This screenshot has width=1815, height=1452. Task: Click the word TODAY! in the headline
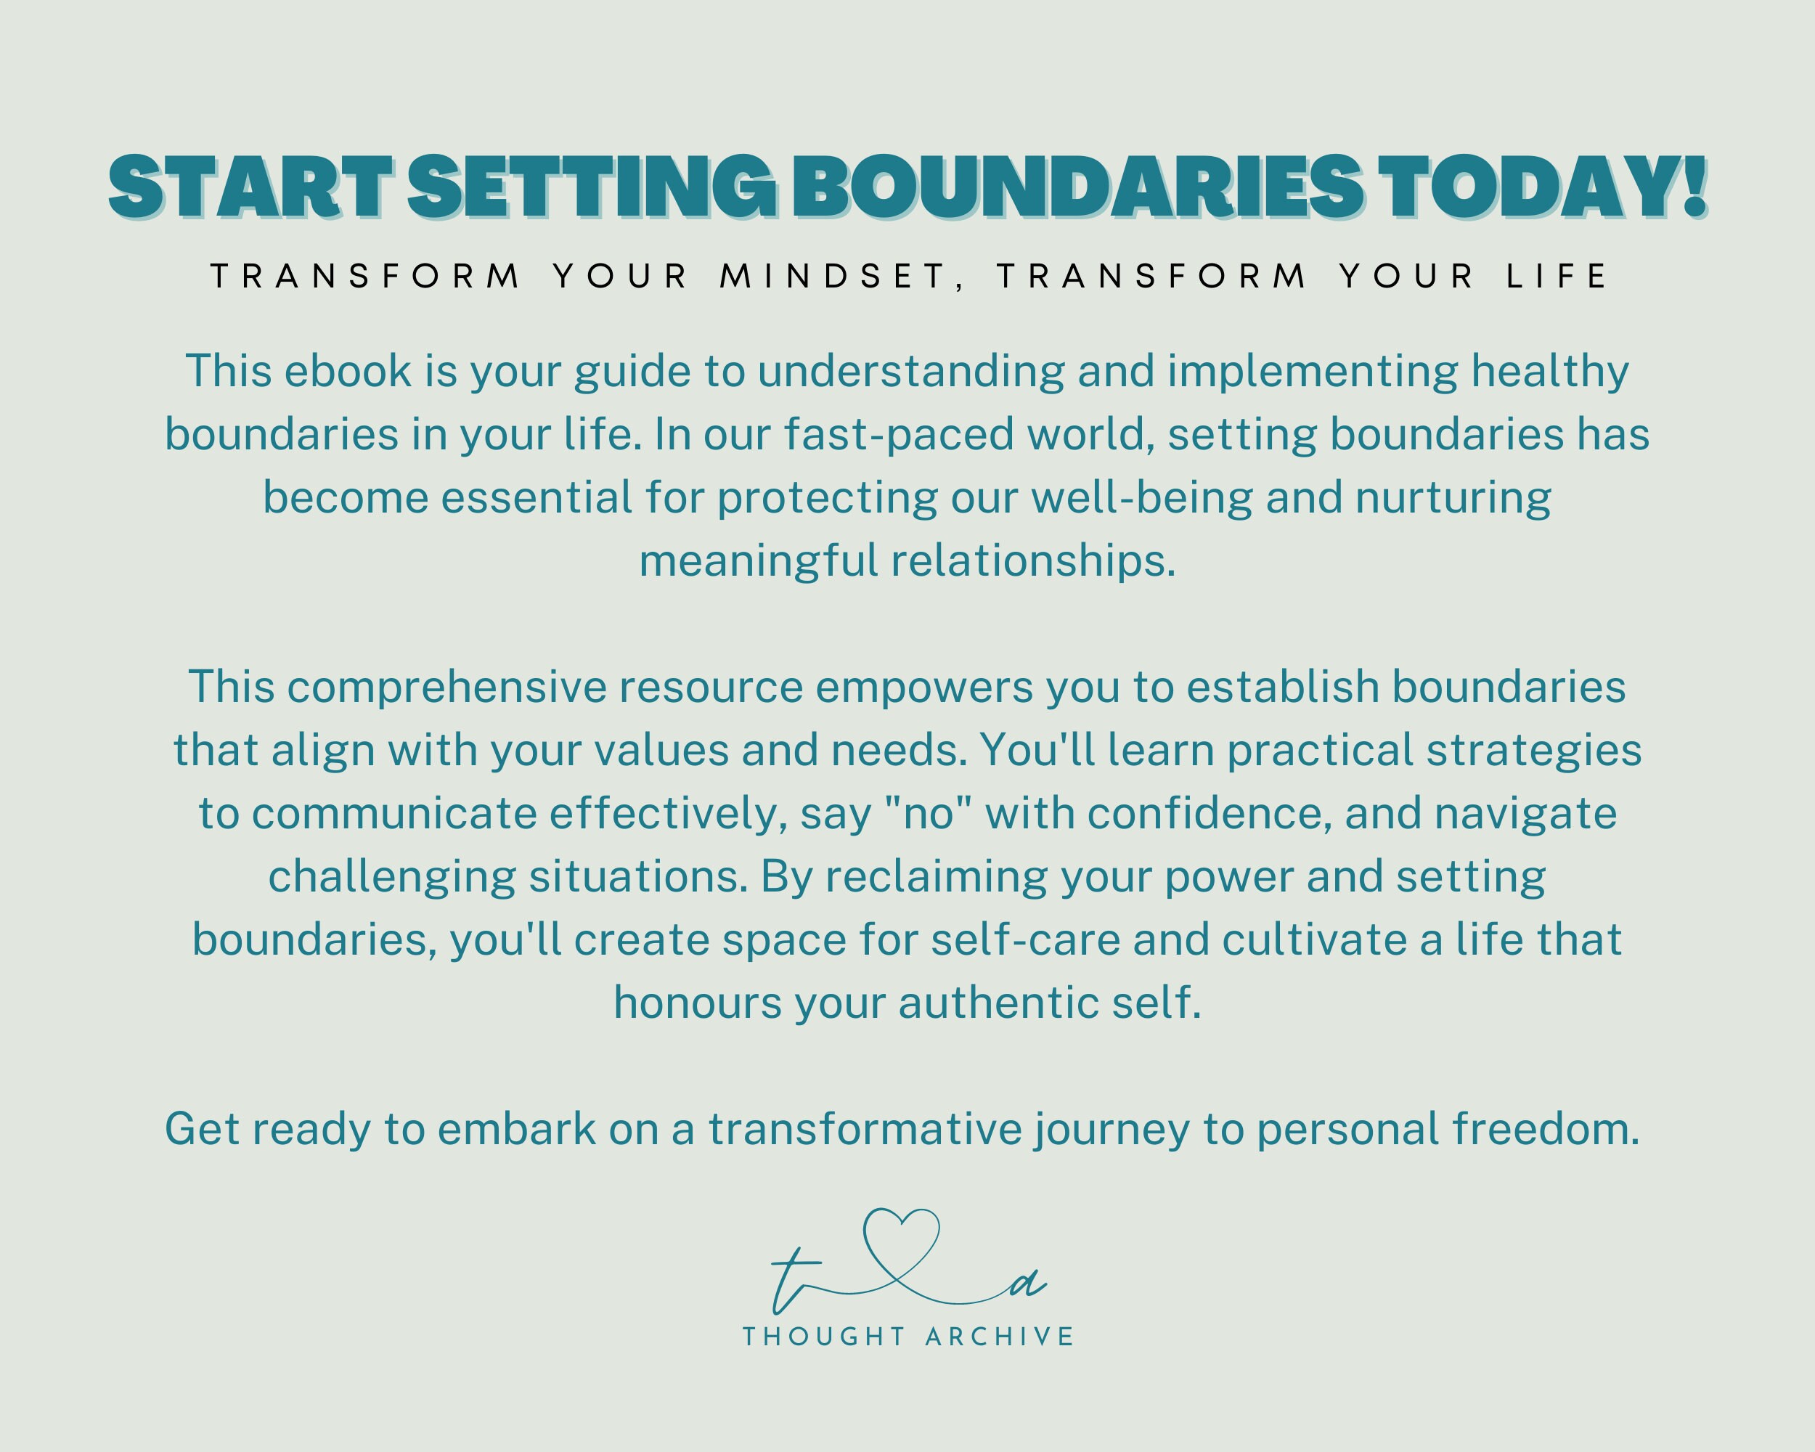[1544, 187]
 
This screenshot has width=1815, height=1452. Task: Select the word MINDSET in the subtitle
[833, 276]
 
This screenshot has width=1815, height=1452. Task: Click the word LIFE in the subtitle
[1556, 276]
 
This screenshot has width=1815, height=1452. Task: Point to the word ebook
[348, 372]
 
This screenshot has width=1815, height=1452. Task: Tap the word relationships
[1033, 561]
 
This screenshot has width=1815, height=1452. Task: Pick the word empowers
[924, 688]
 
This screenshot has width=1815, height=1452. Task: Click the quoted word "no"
[928, 814]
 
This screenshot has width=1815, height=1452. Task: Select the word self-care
[1025, 940]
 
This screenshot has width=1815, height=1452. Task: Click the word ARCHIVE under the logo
[999, 1337]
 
